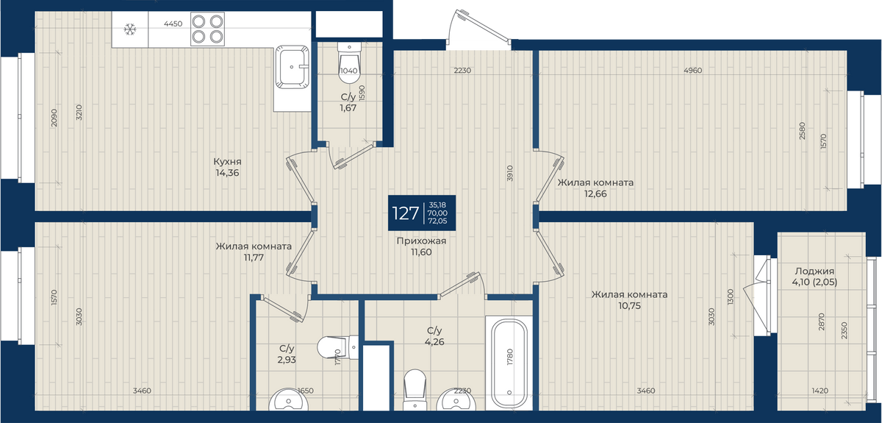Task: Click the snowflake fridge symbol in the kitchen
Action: pyautogui.click(x=130, y=29)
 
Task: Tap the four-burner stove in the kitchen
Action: pyautogui.click(x=207, y=29)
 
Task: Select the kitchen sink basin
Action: pyautogui.click(x=292, y=67)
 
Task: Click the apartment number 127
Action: pyautogui.click(x=405, y=213)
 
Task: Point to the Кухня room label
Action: pyautogui.click(x=227, y=162)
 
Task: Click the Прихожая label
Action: pyautogui.click(x=421, y=241)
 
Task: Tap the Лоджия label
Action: pyautogui.click(x=814, y=271)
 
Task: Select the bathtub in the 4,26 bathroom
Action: pyautogui.click(x=509, y=363)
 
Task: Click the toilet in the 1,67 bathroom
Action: pyautogui.click(x=349, y=63)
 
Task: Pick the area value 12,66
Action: pyautogui.click(x=595, y=194)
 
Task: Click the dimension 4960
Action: pyautogui.click(x=693, y=71)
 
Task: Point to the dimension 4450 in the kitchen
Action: pyautogui.click(x=173, y=24)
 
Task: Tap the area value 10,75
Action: pyautogui.click(x=629, y=306)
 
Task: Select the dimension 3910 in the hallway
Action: pyautogui.click(x=510, y=173)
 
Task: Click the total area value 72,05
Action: pyautogui.click(x=437, y=221)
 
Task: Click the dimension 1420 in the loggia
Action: pyautogui.click(x=820, y=391)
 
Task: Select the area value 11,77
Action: pyautogui.click(x=254, y=257)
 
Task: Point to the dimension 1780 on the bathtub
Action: pyautogui.click(x=510, y=357)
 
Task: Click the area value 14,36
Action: pyautogui.click(x=227, y=173)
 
